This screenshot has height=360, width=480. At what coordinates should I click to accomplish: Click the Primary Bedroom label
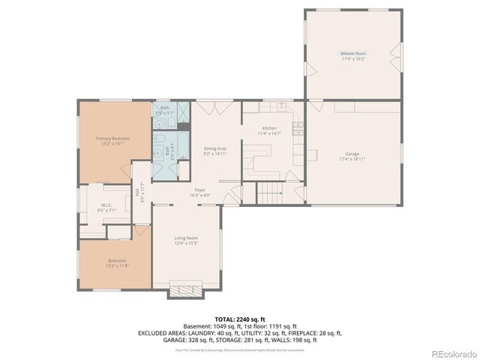coord(112,139)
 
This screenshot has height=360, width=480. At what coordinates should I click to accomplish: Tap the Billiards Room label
coord(352,54)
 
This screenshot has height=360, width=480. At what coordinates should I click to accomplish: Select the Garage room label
coord(352,154)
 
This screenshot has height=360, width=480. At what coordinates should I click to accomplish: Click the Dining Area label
coord(215,148)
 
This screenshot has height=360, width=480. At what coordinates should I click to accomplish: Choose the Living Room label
coord(186,238)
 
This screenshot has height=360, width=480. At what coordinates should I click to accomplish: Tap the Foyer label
coord(200,190)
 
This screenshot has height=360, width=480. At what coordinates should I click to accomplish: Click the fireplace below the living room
coord(185,289)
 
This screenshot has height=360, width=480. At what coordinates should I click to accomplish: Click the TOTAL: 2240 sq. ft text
coord(239,319)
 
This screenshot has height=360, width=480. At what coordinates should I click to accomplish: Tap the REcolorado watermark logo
coord(452,352)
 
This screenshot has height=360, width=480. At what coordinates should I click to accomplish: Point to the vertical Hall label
coord(138,193)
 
